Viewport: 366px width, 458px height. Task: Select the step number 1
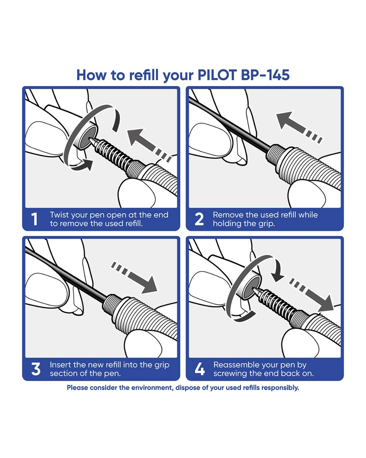coord(34,219)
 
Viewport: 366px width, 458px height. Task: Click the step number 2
coord(199,219)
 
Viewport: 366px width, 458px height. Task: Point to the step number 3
coord(36,369)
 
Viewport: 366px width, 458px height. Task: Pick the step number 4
coord(200,369)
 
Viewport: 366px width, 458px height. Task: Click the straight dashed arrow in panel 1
coord(146,143)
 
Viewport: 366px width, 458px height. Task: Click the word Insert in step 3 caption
coord(60,365)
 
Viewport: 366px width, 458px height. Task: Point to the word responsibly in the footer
coord(280,388)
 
